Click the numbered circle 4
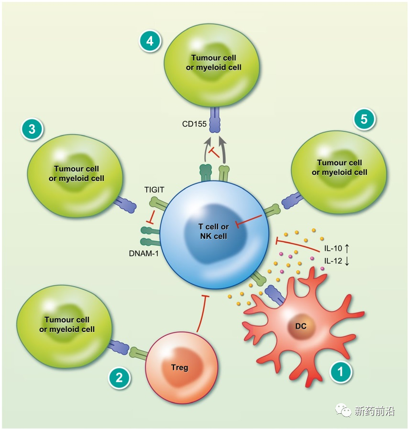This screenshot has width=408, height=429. click(150, 41)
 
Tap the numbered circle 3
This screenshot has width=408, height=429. click(32, 129)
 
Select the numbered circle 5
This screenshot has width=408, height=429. click(364, 119)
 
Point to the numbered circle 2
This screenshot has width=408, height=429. click(119, 378)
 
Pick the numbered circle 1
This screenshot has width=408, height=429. click(341, 372)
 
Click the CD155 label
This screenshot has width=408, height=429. click(194, 124)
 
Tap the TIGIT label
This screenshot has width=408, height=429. click(154, 190)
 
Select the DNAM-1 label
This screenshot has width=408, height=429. click(144, 254)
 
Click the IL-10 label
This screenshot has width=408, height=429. click(333, 248)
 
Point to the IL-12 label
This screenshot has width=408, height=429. click(333, 261)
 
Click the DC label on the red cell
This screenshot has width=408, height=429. click(300, 326)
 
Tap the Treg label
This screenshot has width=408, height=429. click(179, 367)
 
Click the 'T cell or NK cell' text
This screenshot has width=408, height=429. click(213, 231)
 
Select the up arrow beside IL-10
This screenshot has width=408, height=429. click(347, 248)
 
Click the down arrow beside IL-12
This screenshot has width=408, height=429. click(347, 261)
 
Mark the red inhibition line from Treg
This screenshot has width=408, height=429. click(202, 313)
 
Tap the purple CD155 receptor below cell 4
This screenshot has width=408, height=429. click(215, 120)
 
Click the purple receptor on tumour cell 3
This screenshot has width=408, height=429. click(125, 204)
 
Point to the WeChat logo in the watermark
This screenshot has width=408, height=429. click(343, 410)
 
